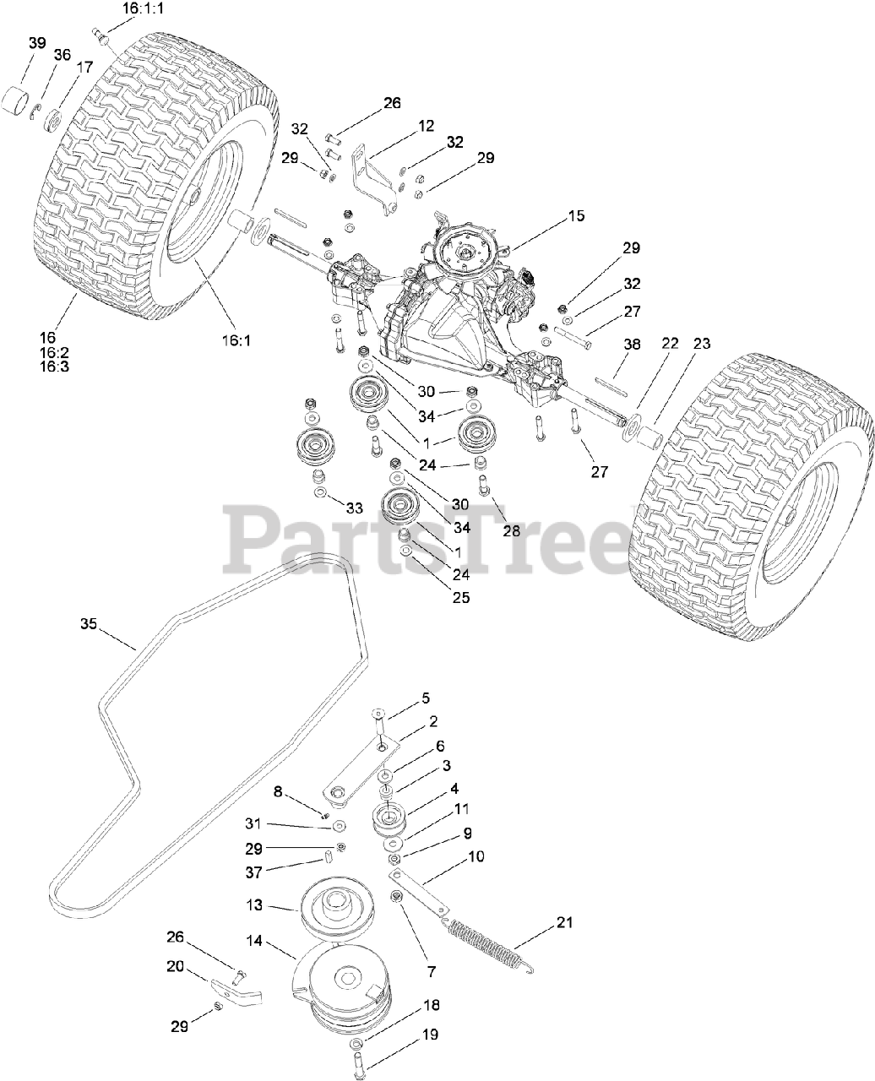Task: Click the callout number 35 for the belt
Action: (89, 624)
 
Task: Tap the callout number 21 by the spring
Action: (564, 922)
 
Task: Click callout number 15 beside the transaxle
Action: (576, 216)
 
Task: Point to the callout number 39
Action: (37, 43)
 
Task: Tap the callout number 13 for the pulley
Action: (254, 904)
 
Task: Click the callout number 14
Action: (254, 940)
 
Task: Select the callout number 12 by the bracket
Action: (426, 126)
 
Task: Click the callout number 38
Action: (632, 345)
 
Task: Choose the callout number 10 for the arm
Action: (476, 856)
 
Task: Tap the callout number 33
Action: (354, 508)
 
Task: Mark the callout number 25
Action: (459, 598)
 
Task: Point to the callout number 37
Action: (253, 872)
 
